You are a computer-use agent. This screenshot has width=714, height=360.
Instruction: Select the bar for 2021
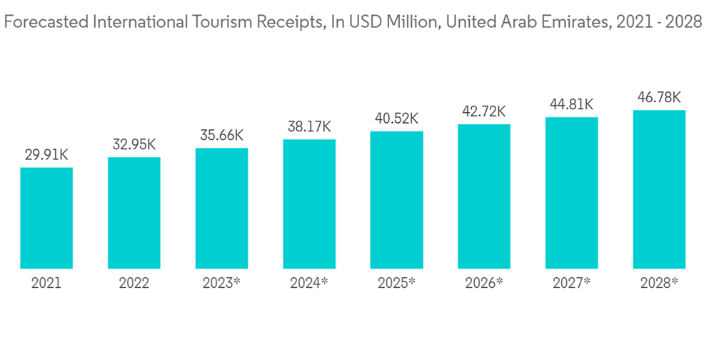[x=46, y=219]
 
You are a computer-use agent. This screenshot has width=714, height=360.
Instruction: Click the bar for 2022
[x=134, y=214]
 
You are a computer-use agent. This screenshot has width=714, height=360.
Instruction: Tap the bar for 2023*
[x=221, y=209]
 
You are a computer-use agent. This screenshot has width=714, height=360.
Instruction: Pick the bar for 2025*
[x=396, y=200]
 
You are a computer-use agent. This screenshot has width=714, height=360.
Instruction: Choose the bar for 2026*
[x=484, y=196]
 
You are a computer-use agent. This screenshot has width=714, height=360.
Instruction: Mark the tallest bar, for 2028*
[x=659, y=189]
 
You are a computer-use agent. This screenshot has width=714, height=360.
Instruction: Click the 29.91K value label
[x=46, y=154]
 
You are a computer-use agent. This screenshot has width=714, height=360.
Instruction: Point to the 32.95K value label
[x=134, y=144]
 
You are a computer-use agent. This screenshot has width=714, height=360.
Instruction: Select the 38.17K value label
[x=309, y=126]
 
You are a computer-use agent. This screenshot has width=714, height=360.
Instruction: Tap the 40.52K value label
[x=396, y=118]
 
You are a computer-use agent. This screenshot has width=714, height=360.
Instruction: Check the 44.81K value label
[x=571, y=104]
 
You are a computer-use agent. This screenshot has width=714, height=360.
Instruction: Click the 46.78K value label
[x=659, y=96]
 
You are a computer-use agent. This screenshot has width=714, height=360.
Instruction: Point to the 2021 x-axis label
[x=46, y=283]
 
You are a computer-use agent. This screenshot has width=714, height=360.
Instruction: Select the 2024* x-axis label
[x=309, y=283]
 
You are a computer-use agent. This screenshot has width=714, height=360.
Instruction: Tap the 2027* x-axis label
[x=571, y=283]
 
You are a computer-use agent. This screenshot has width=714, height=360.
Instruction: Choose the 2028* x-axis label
[x=659, y=283]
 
